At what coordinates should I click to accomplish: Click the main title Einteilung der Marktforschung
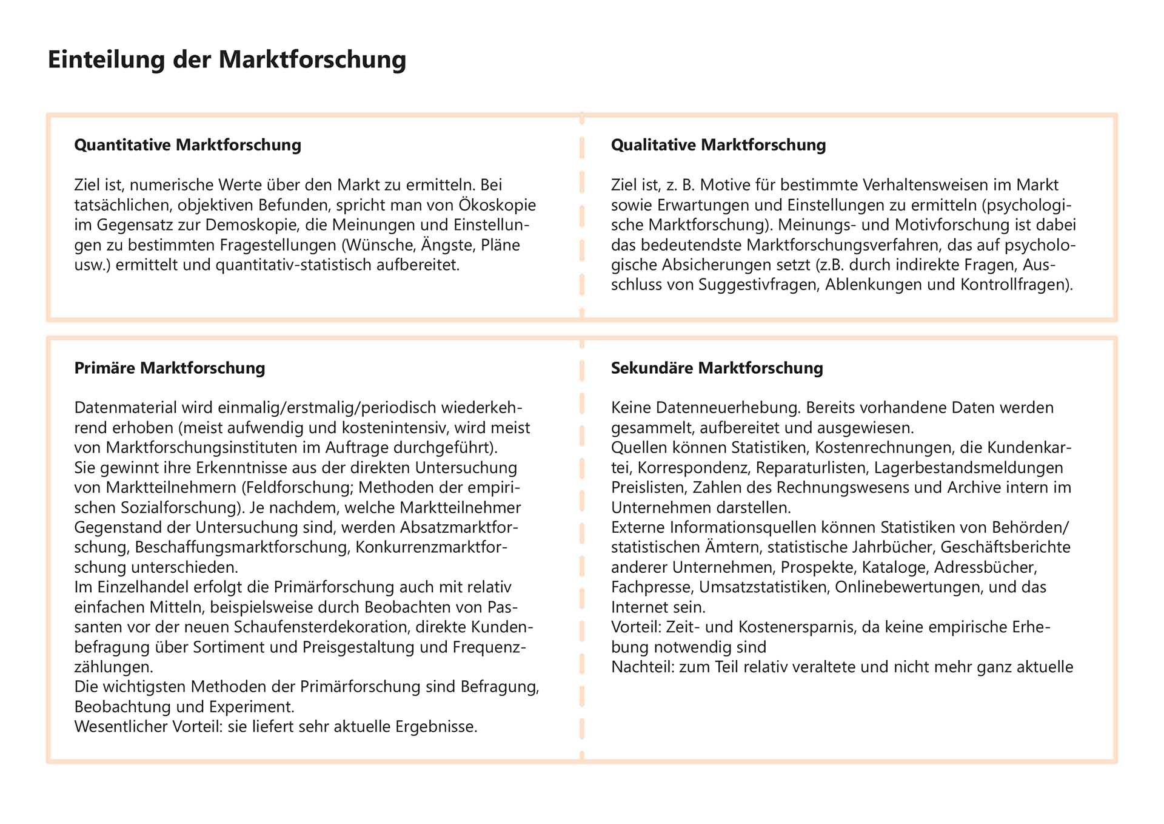pos(227,60)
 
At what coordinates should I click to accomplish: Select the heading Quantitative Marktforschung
pos(187,145)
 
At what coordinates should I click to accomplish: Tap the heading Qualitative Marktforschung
pos(718,145)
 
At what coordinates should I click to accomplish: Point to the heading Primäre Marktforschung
pos(169,368)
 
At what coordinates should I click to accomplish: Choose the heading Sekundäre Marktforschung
pos(717,368)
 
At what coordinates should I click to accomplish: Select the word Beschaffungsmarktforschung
pos(242,547)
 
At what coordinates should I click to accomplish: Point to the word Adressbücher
pos(985,567)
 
